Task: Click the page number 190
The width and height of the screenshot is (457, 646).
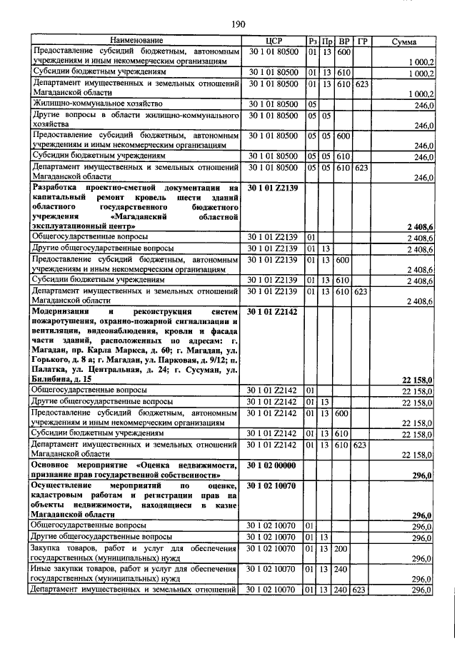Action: coord(238,24)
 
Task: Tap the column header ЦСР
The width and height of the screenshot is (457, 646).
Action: coord(275,42)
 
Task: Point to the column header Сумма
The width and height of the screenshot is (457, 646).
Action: coord(404,42)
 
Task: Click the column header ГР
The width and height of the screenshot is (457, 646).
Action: coord(362,42)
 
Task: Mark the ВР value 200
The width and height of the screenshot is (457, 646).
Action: coord(343,548)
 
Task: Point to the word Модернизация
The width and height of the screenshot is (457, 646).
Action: coord(63,312)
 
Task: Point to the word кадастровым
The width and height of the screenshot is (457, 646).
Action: coord(64,495)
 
